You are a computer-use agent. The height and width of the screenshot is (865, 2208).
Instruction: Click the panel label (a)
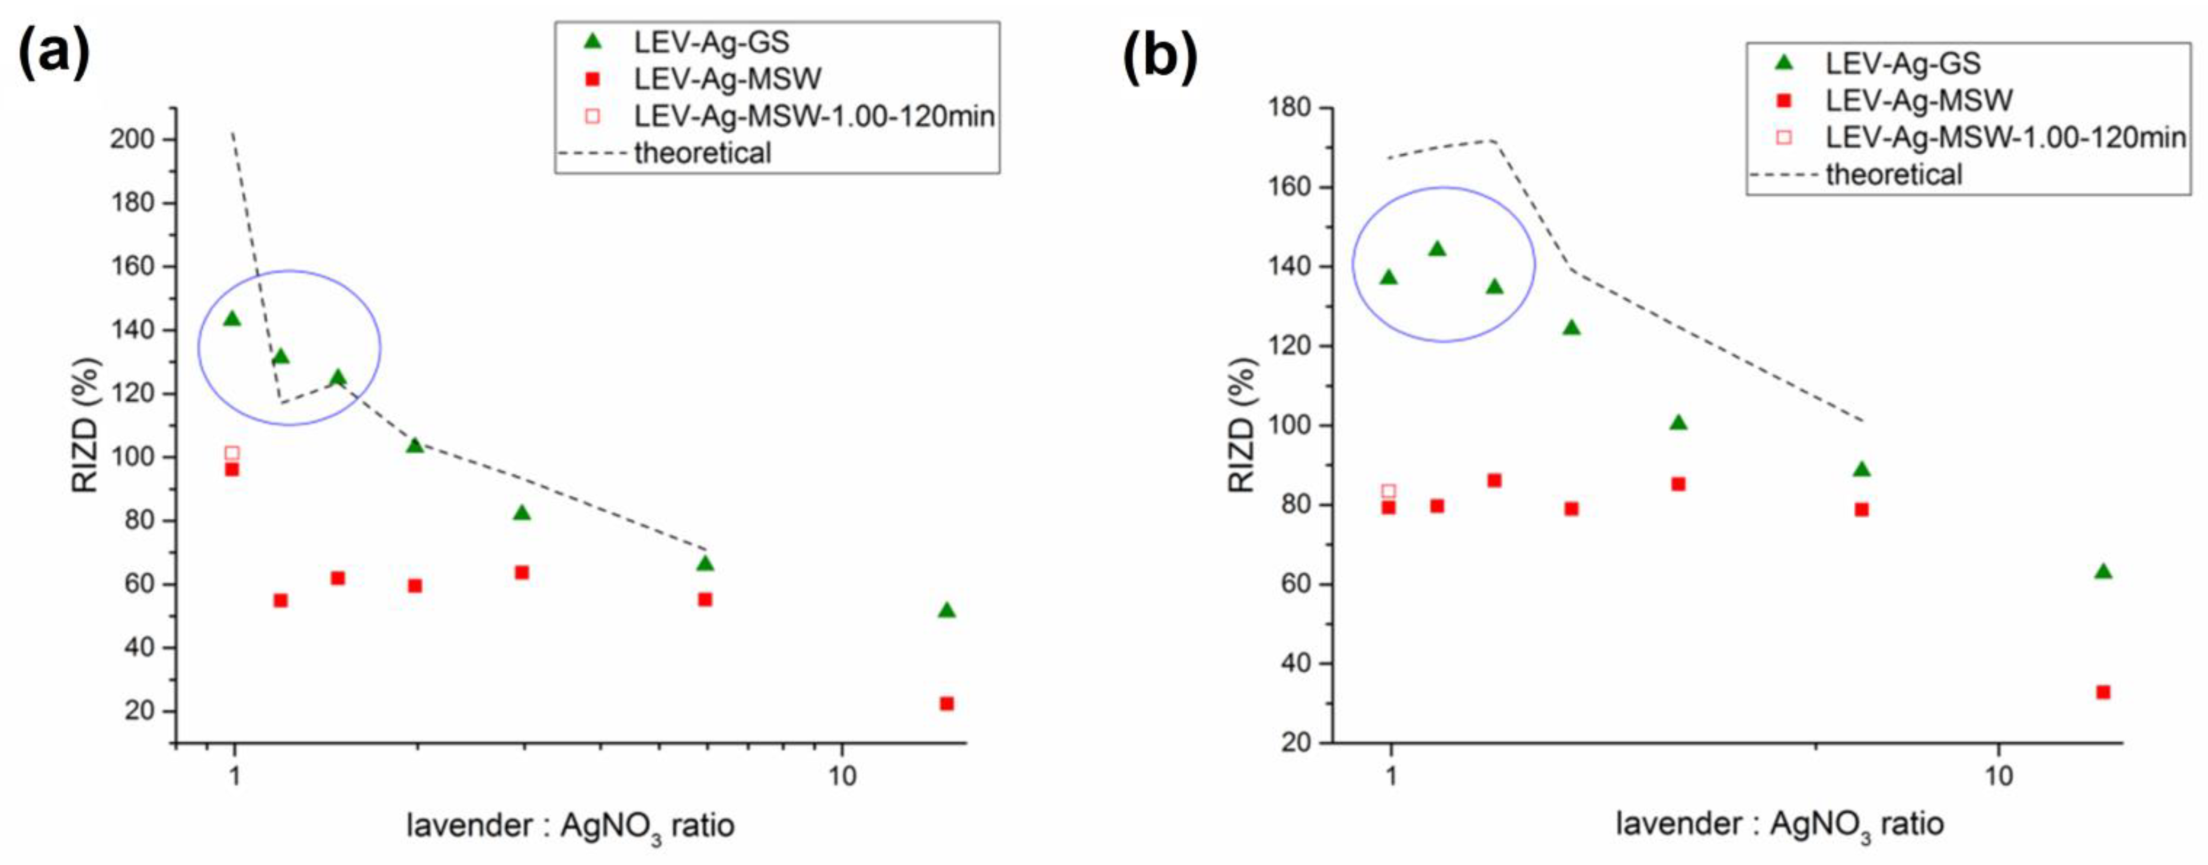[53, 53]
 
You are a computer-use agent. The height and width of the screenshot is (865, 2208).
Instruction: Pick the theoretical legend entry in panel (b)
[1893, 175]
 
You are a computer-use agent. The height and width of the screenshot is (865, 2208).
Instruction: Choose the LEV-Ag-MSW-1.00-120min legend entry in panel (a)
[814, 116]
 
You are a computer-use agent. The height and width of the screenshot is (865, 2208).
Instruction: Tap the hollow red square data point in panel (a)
[232, 453]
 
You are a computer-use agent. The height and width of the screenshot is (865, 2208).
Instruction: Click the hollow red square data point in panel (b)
[1389, 491]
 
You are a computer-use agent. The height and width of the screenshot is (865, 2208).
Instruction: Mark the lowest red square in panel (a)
[946, 703]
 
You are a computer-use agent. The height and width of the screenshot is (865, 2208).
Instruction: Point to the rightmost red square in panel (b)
[2102, 692]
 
